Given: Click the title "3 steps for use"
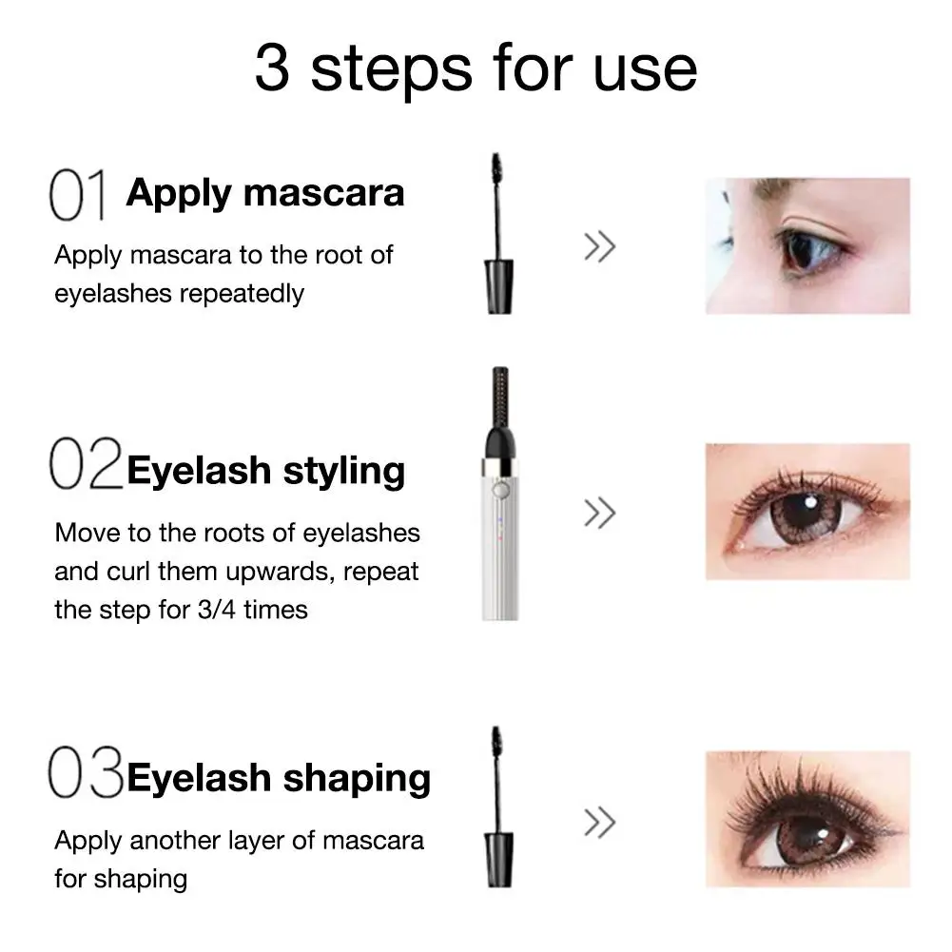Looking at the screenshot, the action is pyautogui.click(x=476, y=69).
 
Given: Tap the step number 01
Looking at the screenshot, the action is pyautogui.click(x=78, y=194).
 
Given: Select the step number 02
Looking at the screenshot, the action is pyautogui.click(x=86, y=463).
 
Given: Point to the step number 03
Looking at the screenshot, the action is pyautogui.click(x=86, y=771).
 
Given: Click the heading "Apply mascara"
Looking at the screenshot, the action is pyautogui.click(x=265, y=194).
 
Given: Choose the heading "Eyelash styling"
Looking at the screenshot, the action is pyautogui.click(x=266, y=471).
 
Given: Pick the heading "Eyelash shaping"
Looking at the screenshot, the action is pyautogui.click(x=279, y=779).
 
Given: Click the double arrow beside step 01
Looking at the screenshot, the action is pyautogui.click(x=600, y=246).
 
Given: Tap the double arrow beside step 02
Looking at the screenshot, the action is pyautogui.click(x=600, y=513).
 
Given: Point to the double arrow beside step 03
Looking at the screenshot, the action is pyautogui.click(x=600, y=822).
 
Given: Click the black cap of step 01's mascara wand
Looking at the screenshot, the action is pyautogui.click(x=499, y=286).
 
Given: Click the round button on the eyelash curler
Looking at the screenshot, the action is pyautogui.click(x=499, y=490).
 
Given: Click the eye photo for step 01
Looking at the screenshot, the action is pyautogui.click(x=807, y=246).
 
